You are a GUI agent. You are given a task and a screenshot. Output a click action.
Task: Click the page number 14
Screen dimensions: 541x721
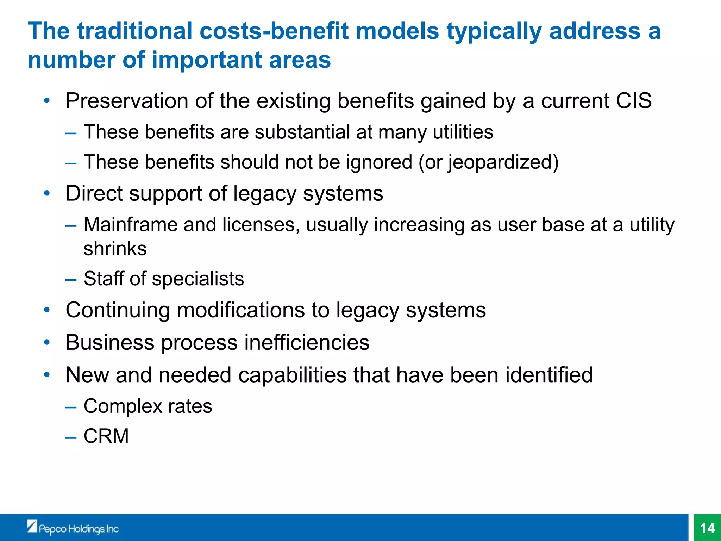coord(707,528)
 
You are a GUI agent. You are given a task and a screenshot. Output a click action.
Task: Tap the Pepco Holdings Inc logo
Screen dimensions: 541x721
coord(73,528)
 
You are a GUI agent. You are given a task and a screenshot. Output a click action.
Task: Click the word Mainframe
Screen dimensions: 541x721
coord(130,224)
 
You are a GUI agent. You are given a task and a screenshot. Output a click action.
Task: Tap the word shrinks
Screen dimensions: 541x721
coord(115,248)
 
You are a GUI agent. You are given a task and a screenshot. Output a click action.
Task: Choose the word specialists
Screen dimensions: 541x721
coord(198,279)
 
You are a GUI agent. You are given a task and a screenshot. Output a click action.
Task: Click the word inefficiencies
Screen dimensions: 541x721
coord(307,342)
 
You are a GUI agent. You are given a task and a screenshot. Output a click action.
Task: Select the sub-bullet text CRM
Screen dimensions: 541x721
coord(106,436)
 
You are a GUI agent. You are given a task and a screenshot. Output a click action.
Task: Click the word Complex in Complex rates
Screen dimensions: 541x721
coord(123,406)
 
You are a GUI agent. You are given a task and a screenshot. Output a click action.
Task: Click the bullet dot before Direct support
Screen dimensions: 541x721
coord(47,193)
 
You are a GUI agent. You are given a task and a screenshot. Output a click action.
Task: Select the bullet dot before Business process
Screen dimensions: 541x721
coord(47,342)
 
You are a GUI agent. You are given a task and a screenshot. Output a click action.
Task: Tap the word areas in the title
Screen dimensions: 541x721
coord(300,60)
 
